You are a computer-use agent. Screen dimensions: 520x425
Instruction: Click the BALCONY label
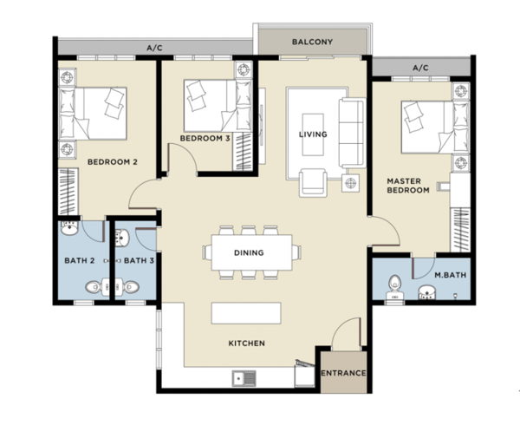click(x=312, y=42)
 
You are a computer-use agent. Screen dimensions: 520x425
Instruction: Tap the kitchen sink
click(x=244, y=378)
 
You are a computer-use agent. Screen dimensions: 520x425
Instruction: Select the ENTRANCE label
click(x=343, y=373)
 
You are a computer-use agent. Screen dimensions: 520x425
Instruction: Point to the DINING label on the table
click(x=249, y=252)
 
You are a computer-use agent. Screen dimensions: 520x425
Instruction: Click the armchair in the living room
click(x=313, y=182)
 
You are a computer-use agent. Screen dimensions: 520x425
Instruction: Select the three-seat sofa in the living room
click(x=352, y=133)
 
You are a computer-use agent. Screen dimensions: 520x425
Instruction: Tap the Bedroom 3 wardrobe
click(x=243, y=152)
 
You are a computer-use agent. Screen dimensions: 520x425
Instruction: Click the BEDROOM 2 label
click(x=113, y=162)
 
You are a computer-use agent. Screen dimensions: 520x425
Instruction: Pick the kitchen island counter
click(x=246, y=313)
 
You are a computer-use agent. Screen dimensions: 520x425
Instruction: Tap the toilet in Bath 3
click(x=128, y=287)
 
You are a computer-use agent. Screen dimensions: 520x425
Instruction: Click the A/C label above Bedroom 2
click(x=154, y=48)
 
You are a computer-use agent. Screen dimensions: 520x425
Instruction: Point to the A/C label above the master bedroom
click(x=420, y=68)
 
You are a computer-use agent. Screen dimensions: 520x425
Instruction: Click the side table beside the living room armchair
click(x=350, y=183)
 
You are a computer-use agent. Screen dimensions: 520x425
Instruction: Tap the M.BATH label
click(x=451, y=275)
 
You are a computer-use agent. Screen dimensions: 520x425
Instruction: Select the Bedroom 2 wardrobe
click(x=68, y=192)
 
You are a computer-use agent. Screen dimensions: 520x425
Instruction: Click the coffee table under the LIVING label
click(x=313, y=134)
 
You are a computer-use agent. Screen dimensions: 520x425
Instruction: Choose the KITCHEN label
click(x=247, y=343)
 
